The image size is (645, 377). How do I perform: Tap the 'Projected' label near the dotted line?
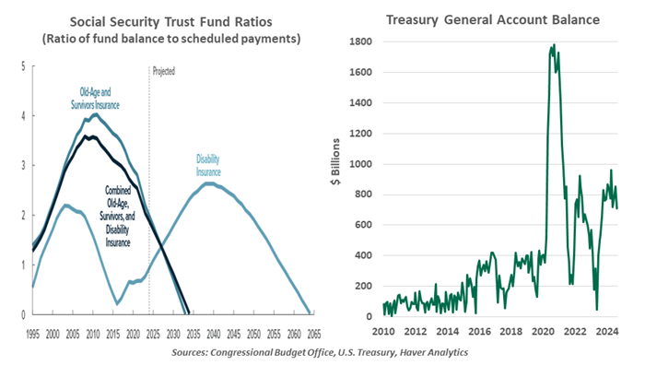tap(162, 71)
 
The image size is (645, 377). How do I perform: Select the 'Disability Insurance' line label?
tap(209, 165)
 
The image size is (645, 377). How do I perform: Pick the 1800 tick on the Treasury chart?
tap(358, 42)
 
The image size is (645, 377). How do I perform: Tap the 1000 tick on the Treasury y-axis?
tap(358, 164)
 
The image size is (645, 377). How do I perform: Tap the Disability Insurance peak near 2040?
tap(209, 183)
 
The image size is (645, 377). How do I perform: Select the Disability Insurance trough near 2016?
tap(117, 303)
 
